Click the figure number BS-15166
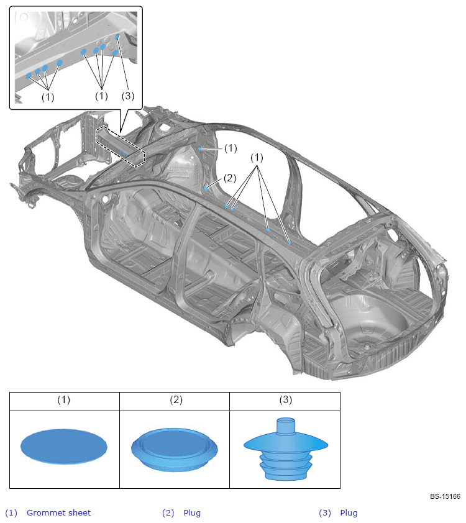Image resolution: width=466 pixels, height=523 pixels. tap(445, 496)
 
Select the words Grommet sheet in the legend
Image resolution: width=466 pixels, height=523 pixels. tap(58, 512)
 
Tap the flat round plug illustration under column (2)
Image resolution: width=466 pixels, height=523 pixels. tap(175, 450)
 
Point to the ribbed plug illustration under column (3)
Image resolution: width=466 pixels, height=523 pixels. tap(286, 449)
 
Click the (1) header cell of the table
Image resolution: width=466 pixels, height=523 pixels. tap(65, 401)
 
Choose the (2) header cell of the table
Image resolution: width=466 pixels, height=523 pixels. tap(175, 401)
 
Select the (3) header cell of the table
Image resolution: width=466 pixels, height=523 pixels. tap(285, 401)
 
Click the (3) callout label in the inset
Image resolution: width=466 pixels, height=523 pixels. tap(128, 96)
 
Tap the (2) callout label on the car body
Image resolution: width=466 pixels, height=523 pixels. tap(230, 178)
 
